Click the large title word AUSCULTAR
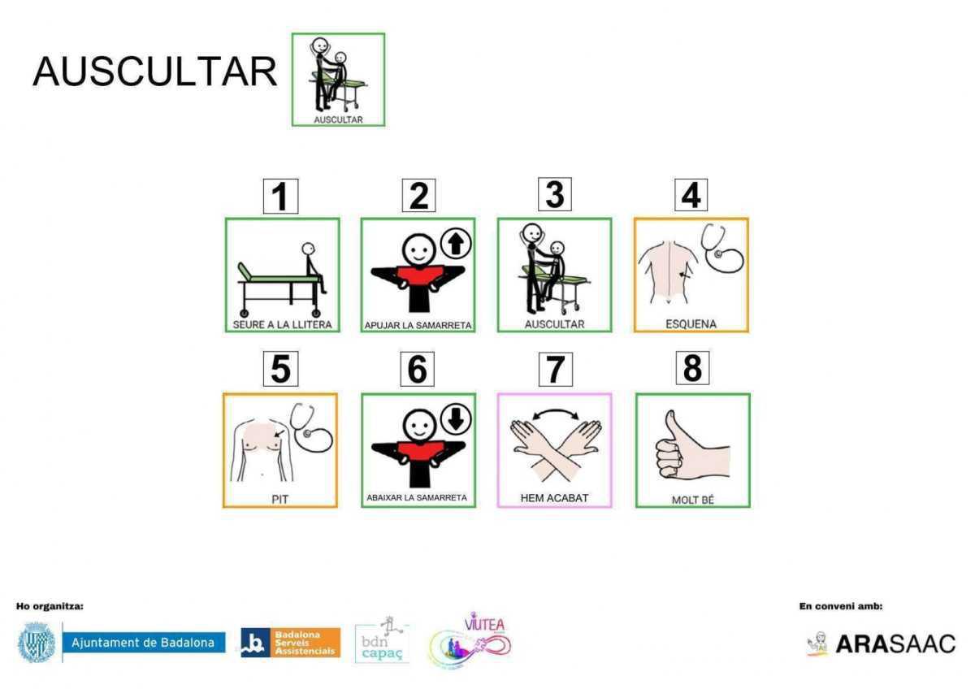154,72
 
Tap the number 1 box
280,197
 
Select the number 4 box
691,195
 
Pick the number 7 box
554,370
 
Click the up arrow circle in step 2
456,241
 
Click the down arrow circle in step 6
456,418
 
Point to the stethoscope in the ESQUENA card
721,249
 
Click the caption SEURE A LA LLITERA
281,325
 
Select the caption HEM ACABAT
554,498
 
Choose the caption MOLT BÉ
692,500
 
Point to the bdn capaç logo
381,642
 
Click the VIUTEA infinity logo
471,642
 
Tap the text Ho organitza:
50,606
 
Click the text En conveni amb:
841,606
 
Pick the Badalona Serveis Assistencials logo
289,643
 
